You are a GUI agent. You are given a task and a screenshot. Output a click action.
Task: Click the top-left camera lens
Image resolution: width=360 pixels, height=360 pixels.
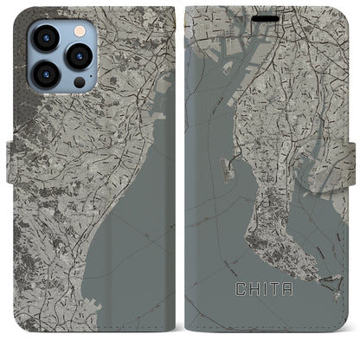tap(44, 37)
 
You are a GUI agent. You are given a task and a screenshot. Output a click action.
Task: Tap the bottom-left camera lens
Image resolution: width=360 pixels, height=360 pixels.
tap(44, 74)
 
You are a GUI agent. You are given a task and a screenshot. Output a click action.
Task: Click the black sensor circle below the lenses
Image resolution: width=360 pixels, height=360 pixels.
tap(79, 82)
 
